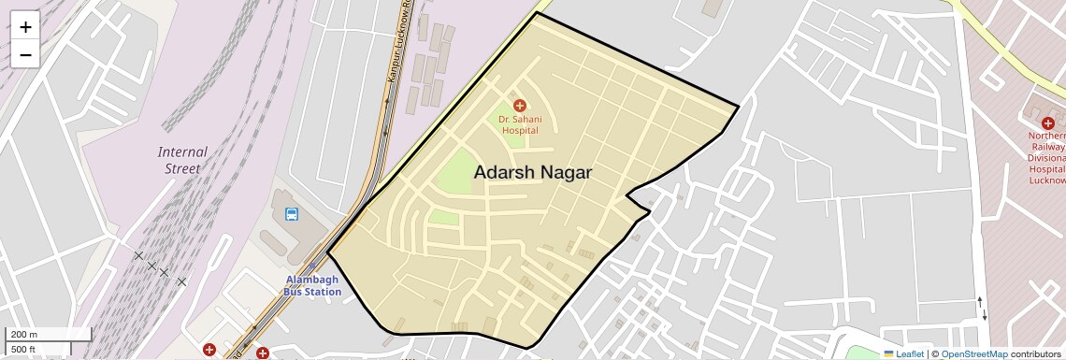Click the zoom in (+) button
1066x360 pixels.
[25, 27]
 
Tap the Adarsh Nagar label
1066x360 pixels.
[533, 172]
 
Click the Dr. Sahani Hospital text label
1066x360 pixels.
[520, 124]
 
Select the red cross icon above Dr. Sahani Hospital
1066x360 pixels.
[520, 106]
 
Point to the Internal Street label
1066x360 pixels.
[182, 160]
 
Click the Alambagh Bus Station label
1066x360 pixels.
[312, 285]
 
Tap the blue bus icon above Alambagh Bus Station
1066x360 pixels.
[292, 214]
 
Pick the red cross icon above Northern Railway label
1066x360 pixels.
[1048, 123]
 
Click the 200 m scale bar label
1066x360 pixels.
[24, 335]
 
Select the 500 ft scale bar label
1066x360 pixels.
[23, 350]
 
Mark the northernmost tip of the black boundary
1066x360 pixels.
[537, 12]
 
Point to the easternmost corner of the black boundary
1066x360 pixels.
[739, 107]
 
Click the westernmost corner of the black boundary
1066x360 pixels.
[327, 252]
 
